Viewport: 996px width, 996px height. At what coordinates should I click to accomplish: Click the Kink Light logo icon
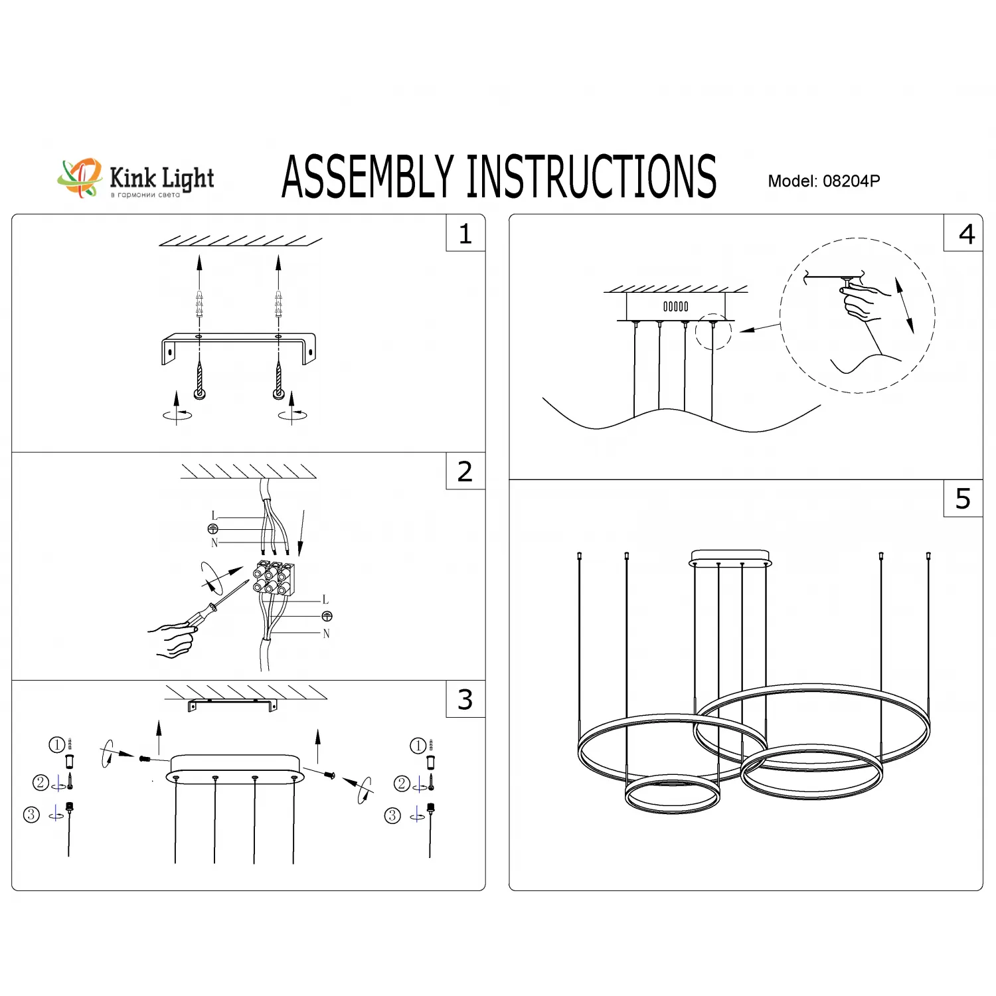(79, 177)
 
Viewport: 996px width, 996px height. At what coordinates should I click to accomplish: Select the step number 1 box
(465, 234)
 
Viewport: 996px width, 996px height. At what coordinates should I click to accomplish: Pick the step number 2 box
(465, 471)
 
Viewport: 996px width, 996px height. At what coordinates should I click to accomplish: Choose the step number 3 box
(465, 699)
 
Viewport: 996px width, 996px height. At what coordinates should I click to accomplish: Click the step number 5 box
(963, 499)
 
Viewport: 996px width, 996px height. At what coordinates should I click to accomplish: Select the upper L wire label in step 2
(214, 516)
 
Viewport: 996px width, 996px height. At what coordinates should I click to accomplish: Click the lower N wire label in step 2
(326, 633)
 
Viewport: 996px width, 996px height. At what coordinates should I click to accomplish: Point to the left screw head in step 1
(199, 394)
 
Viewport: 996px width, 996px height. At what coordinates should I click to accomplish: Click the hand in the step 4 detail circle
(864, 303)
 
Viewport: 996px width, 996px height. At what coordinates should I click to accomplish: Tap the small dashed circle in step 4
(713, 332)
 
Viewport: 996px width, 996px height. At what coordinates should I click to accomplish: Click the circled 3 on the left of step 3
(31, 815)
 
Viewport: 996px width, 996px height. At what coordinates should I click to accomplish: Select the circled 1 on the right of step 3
(418, 746)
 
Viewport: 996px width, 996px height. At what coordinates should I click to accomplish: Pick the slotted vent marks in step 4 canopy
(676, 306)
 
